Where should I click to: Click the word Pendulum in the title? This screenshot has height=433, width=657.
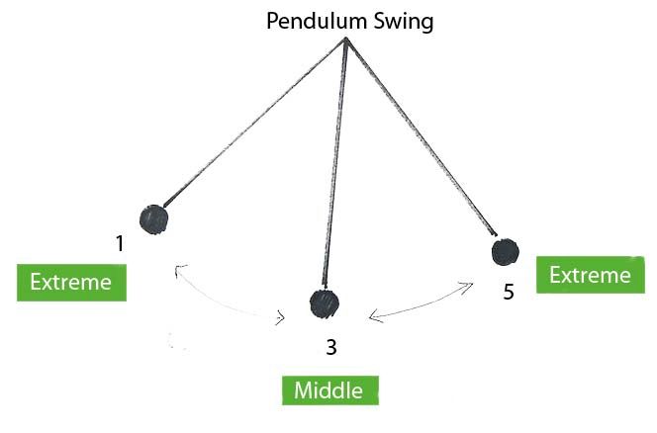pos(318,22)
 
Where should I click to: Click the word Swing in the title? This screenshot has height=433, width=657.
pos(404,22)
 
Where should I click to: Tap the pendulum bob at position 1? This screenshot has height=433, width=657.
pos(153,219)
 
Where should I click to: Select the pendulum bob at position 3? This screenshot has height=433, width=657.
pos(325,303)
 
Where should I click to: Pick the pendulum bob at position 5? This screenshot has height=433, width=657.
pos(506,252)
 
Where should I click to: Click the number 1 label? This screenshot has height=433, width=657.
pos(121,243)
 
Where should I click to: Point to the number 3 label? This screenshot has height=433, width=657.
pos(331,347)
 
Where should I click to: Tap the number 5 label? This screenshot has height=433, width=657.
pos(509,292)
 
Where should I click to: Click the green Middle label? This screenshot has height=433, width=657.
pos(330,390)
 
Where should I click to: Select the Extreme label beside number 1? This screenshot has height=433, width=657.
pos(71,283)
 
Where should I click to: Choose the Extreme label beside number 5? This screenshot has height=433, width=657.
pos(591,275)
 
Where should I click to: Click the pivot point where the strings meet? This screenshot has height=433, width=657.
pos(345,39)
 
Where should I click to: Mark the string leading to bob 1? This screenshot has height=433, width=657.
pos(254,123)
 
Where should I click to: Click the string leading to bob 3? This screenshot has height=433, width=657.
pos(334,163)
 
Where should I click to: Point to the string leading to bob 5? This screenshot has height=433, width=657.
pos(422,137)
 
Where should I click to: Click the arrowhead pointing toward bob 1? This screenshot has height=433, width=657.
pos(179,270)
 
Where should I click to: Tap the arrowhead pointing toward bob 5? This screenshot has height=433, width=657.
pos(466,287)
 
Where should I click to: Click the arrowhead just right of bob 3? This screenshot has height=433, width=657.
pos(376,317)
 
